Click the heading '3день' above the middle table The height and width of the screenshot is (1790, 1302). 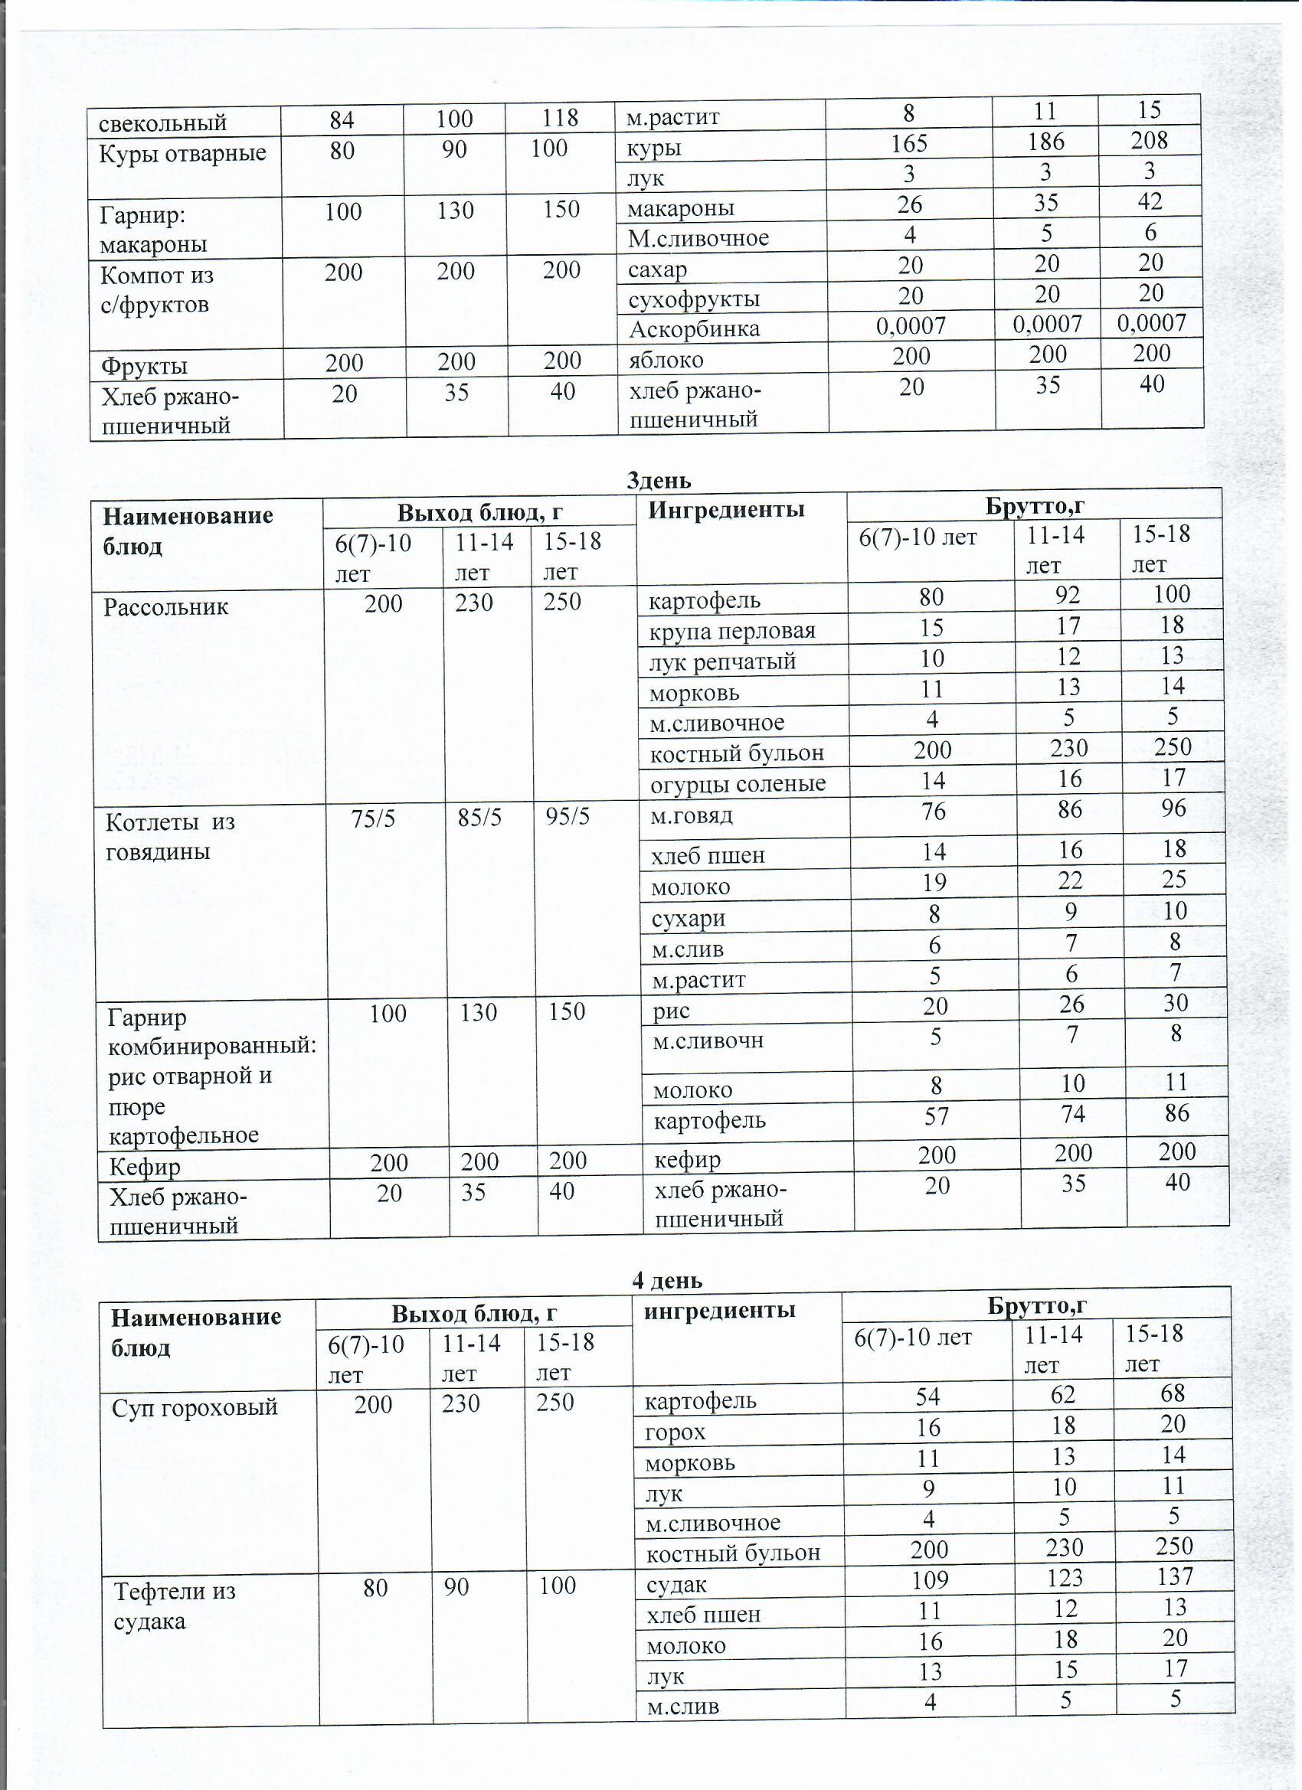[659, 480]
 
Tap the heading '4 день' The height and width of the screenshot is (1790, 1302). [666, 1280]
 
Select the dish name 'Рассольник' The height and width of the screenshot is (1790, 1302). [165, 607]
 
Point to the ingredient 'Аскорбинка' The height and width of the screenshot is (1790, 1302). [694, 329]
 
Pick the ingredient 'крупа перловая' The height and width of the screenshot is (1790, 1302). [732, 631]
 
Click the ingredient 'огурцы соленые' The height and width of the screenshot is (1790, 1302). [738, 784]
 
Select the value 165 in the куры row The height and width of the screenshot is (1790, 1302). [909, 144]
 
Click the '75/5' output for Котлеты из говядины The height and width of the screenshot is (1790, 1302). [373, 818]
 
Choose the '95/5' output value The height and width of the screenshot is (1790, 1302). [568, 816]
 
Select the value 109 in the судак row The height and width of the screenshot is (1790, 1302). [928, 1580]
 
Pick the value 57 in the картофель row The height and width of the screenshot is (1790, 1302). [937, 1117]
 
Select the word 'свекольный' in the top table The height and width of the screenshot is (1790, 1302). [162, 123]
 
